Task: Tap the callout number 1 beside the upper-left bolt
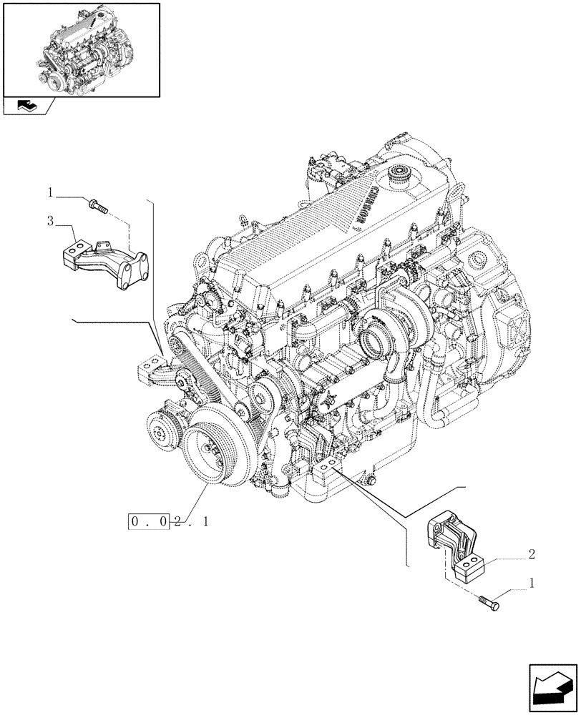[50, 192]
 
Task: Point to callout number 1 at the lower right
[530, 583]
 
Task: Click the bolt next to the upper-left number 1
[97, 207]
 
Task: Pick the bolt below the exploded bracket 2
[489, 603]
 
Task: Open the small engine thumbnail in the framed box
[81, 49]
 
